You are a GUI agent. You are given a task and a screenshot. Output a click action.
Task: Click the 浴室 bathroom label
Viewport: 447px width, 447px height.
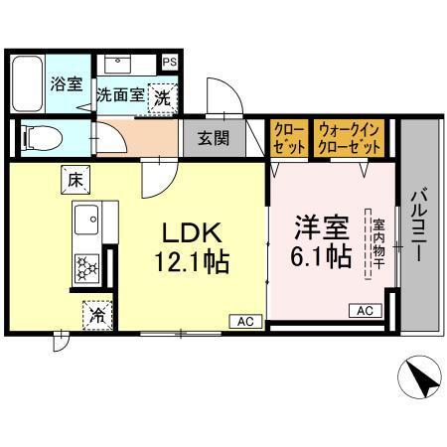pos(67,84)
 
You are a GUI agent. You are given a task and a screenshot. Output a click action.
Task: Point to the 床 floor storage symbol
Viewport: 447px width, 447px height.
pos(75,181)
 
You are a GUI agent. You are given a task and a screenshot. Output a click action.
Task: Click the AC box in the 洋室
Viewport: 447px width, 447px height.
pos(364,311)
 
